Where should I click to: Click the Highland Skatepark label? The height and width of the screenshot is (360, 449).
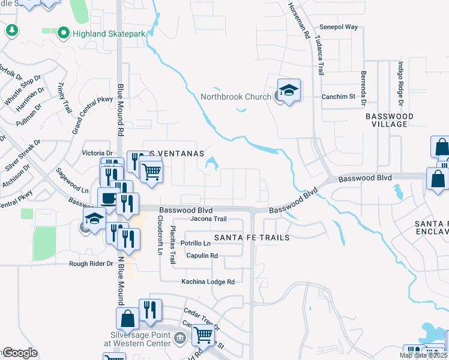point(109,34)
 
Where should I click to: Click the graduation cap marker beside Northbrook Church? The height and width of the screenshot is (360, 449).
point(289,90)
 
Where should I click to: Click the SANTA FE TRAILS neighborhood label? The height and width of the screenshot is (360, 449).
point(256,238)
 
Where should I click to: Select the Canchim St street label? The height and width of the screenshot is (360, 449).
point(339,96)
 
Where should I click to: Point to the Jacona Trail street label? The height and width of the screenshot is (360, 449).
point(208,219)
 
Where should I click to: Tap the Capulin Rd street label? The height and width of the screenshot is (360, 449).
point(201,256)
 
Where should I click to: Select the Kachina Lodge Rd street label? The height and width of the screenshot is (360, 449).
point(208,281)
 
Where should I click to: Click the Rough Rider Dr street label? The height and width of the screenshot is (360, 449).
point(91,264)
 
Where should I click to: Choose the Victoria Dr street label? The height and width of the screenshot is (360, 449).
point(97,154)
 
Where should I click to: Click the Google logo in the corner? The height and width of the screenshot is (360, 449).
point(20,353)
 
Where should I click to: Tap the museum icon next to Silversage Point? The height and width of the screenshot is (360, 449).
point(179,340)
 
